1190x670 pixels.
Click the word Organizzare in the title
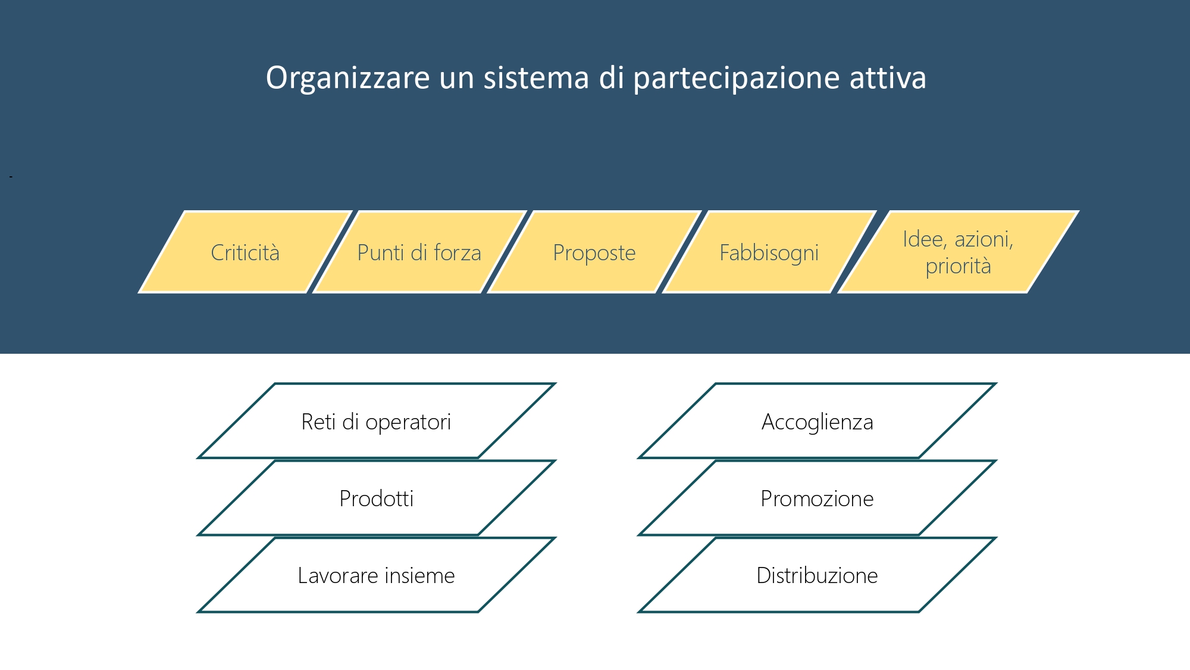coord(348,78)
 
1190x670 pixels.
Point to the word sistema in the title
coord(536,78)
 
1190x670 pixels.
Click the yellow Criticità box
coord(245,252)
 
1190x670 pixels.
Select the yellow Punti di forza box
coord(419,252)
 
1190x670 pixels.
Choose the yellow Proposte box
coord(594,252)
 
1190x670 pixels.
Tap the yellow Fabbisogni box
coord(769,252)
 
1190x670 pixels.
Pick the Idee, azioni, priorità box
coord(959,252)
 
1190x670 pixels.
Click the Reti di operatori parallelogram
coord(377,421)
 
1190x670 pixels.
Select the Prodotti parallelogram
coord(377,498)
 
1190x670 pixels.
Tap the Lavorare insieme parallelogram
coord(377,575)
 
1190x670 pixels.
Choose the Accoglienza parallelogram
coord(818,421)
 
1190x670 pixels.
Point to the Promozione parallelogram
coord(818,498)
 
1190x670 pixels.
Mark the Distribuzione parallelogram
coord(818,575)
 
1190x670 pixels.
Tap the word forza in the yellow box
coord(458,253)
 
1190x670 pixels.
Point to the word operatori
coord(408,422)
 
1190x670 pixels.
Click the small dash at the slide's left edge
coord(11,176)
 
